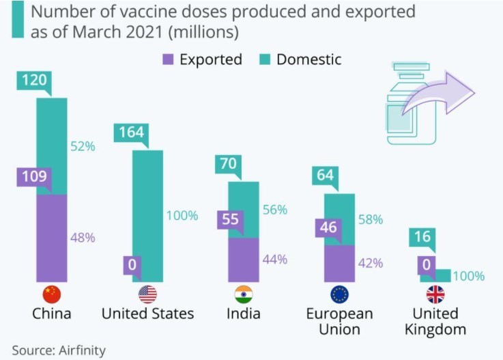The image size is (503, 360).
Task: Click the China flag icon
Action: [52, 294]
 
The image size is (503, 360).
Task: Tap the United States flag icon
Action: [147, 294]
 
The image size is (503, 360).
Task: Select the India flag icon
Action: [244, 294]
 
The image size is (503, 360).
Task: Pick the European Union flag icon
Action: [339, 294]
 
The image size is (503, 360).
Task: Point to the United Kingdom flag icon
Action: [435, 294]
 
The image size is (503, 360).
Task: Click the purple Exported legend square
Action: [167, 59]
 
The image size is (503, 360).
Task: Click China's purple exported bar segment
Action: [52, 238]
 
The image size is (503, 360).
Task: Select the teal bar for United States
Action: [147, 215]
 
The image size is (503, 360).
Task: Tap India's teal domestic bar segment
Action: [244, 210]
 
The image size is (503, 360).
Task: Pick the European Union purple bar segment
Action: [339, 263]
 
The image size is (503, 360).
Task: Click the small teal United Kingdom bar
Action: [435, 275]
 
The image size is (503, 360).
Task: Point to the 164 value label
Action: [130, 132]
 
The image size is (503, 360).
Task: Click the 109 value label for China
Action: [33, 177]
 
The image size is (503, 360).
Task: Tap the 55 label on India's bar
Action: [230, 220]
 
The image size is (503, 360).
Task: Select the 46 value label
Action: [328, 227]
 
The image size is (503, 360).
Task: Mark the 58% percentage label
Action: [370, 220]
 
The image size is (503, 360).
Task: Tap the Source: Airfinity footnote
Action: [59, 350]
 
